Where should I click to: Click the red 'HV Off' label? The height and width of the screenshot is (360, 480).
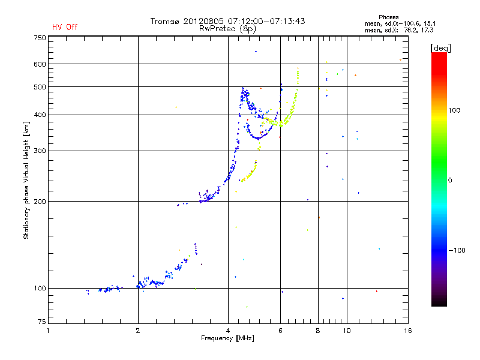click(x=64, y=27)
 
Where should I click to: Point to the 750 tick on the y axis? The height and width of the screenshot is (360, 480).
click(x=40, y=38)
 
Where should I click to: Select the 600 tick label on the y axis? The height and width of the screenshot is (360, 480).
click(x=40, y=64)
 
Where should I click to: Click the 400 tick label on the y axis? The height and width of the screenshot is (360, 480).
click(x=40, y=115)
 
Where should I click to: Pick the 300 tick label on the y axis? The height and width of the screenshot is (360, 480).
click(x=40, y=151)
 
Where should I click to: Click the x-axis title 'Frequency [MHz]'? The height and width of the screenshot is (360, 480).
click(x=227, y=339)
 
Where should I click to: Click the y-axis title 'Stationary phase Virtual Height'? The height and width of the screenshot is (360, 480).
click(x=26, y=180)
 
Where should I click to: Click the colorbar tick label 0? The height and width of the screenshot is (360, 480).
click(x=451, y=180)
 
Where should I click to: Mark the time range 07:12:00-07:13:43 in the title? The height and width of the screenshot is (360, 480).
click(x=265, y=21)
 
